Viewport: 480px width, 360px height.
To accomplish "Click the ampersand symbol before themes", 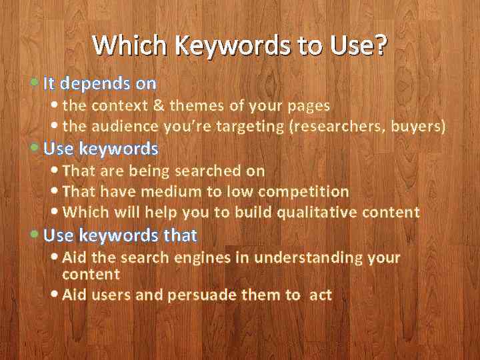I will tap(159, 105).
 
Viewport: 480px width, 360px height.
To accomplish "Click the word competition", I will tap(303, 192).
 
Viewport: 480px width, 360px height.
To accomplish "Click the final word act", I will tap(321, 295).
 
